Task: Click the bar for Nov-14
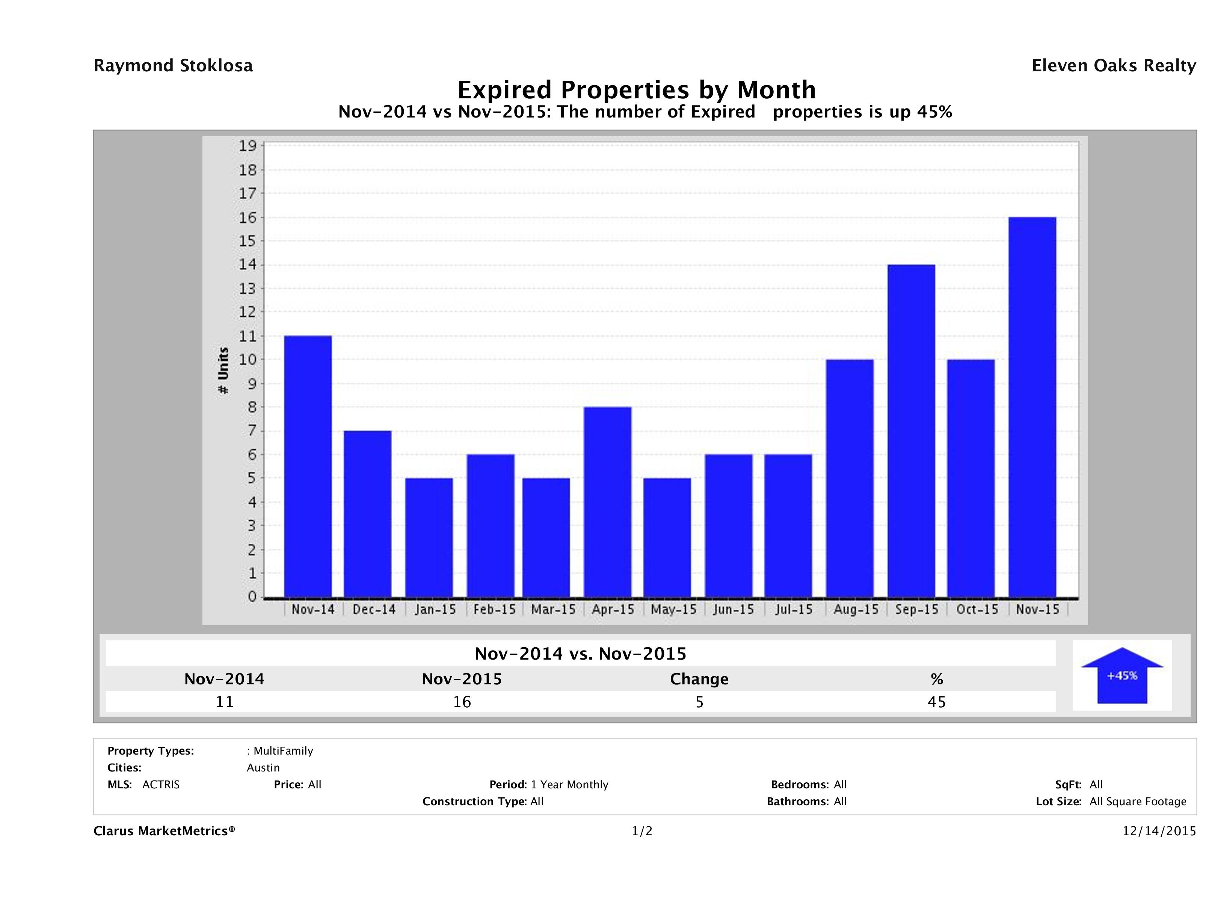[308, 466]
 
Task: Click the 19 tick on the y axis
[248, 146]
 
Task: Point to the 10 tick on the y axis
[248, 360]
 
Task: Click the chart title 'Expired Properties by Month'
[637, 90]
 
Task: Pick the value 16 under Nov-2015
[462, 702]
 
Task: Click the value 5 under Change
[699, 702]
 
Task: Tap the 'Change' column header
[699, 679]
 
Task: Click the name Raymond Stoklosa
[173, 66]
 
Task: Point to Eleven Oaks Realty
[1113, 66]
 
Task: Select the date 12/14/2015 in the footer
[1159, 832]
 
